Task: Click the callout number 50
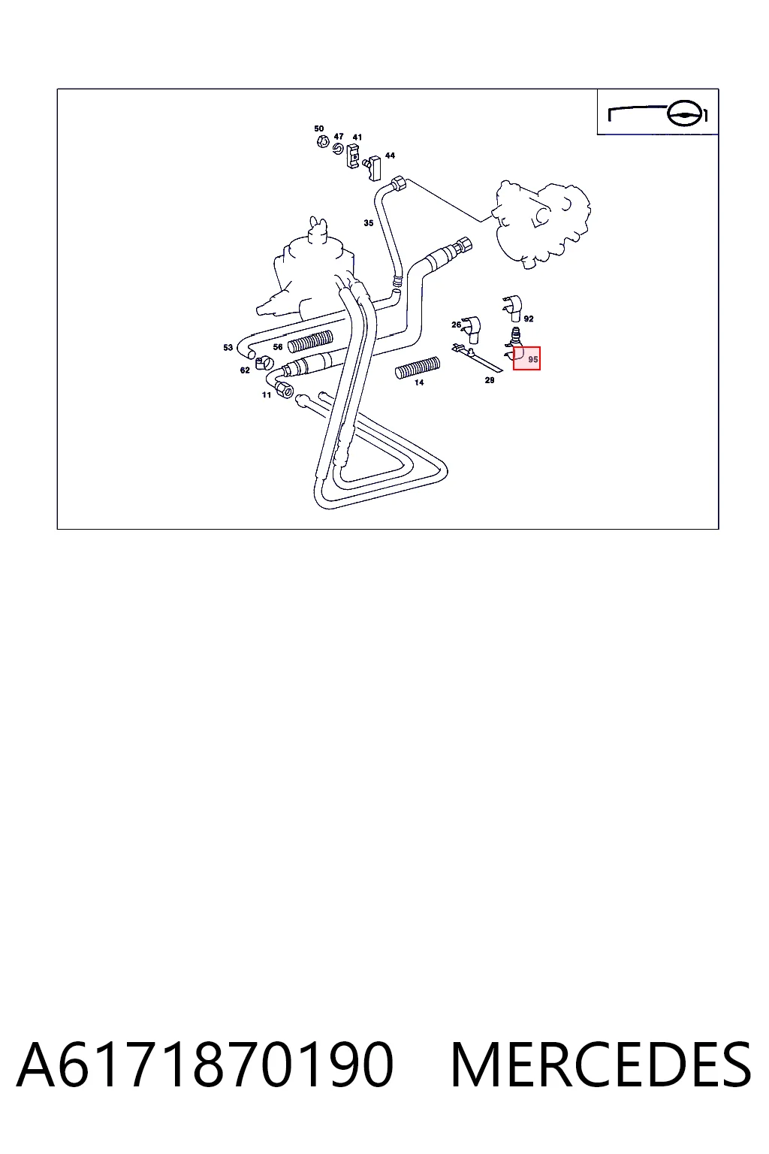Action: [x=319, y=128]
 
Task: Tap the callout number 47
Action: [x=339, y=137]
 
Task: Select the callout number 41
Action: [x=357, y=137]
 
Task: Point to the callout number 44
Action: [x=390, y=156]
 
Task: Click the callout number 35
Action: [x=368, y=223]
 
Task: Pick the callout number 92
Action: [x=529, y=319]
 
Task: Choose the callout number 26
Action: [x=456, y=325]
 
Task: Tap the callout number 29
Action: [x=490, y=380]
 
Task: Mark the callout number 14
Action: [x=419, y=382]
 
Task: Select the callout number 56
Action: [x=278, y=347]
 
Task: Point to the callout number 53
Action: [x=228, y=348]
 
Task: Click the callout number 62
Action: [x=245, y=370]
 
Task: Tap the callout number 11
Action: [x=267, y=395]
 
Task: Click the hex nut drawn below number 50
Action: [x=323, y=141]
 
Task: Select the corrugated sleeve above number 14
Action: [x=418, y=367]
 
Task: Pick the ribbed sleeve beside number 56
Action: [x=310, y=342]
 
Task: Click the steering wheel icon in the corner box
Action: [x=685, y=114]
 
